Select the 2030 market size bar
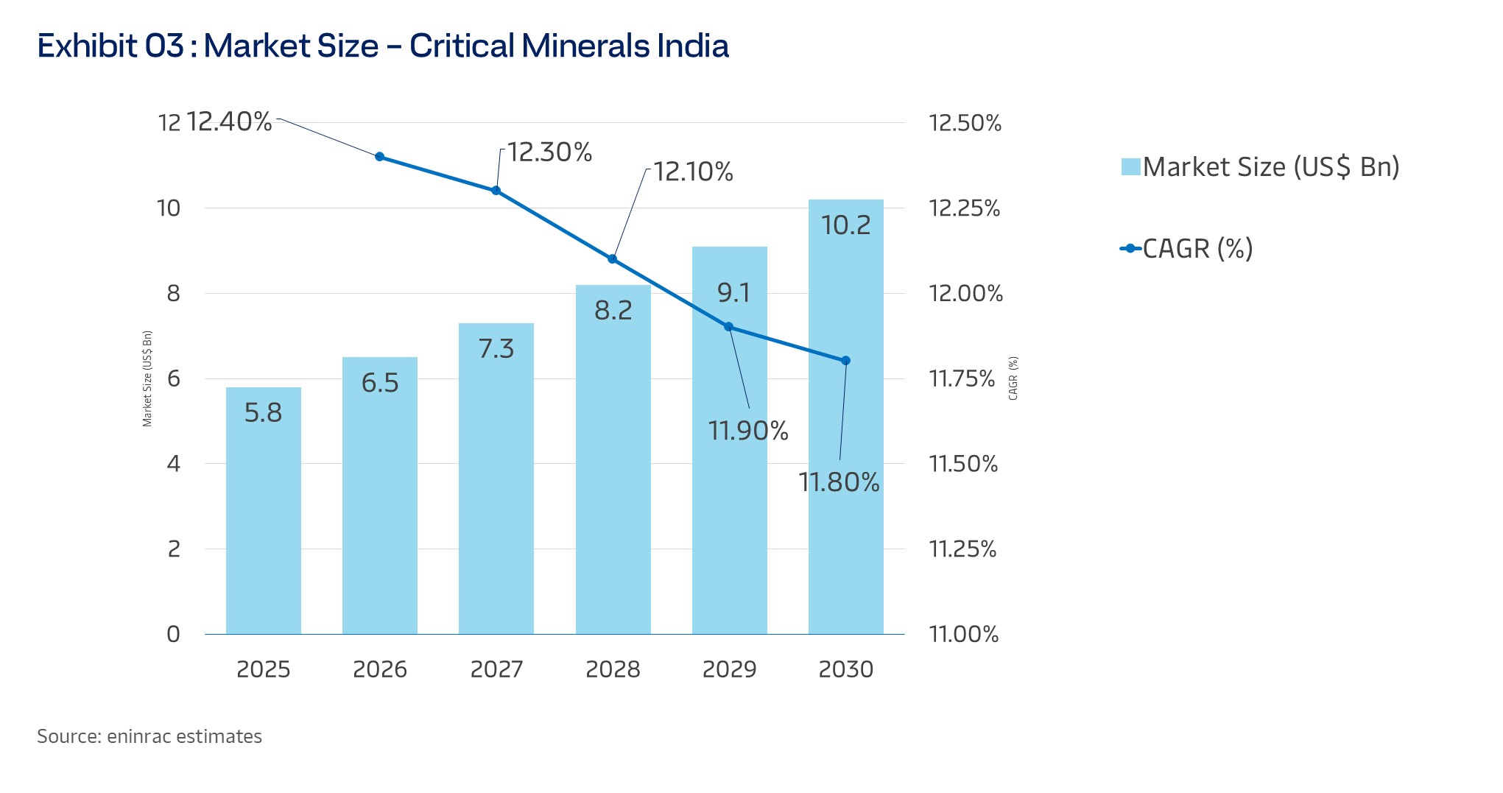click(845, 442)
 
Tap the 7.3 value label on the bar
click(496, 348)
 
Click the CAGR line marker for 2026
click(380, 157)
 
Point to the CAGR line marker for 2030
click(845, 361)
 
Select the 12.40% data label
click(229, 121)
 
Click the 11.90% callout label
click(747, 430)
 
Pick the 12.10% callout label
click(693, 172)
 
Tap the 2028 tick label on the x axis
click(613, 669)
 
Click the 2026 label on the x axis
click(380, 669)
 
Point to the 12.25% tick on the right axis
click(964, 208)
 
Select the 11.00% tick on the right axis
click(963, 634)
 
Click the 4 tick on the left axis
click(174, 464)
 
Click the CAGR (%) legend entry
click(1197, 249)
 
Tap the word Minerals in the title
click(585, 46)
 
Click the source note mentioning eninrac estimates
click(149, 736)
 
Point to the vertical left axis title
click(147, 378)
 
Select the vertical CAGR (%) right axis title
click(1013, 378)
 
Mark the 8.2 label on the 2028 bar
click(613, 310)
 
